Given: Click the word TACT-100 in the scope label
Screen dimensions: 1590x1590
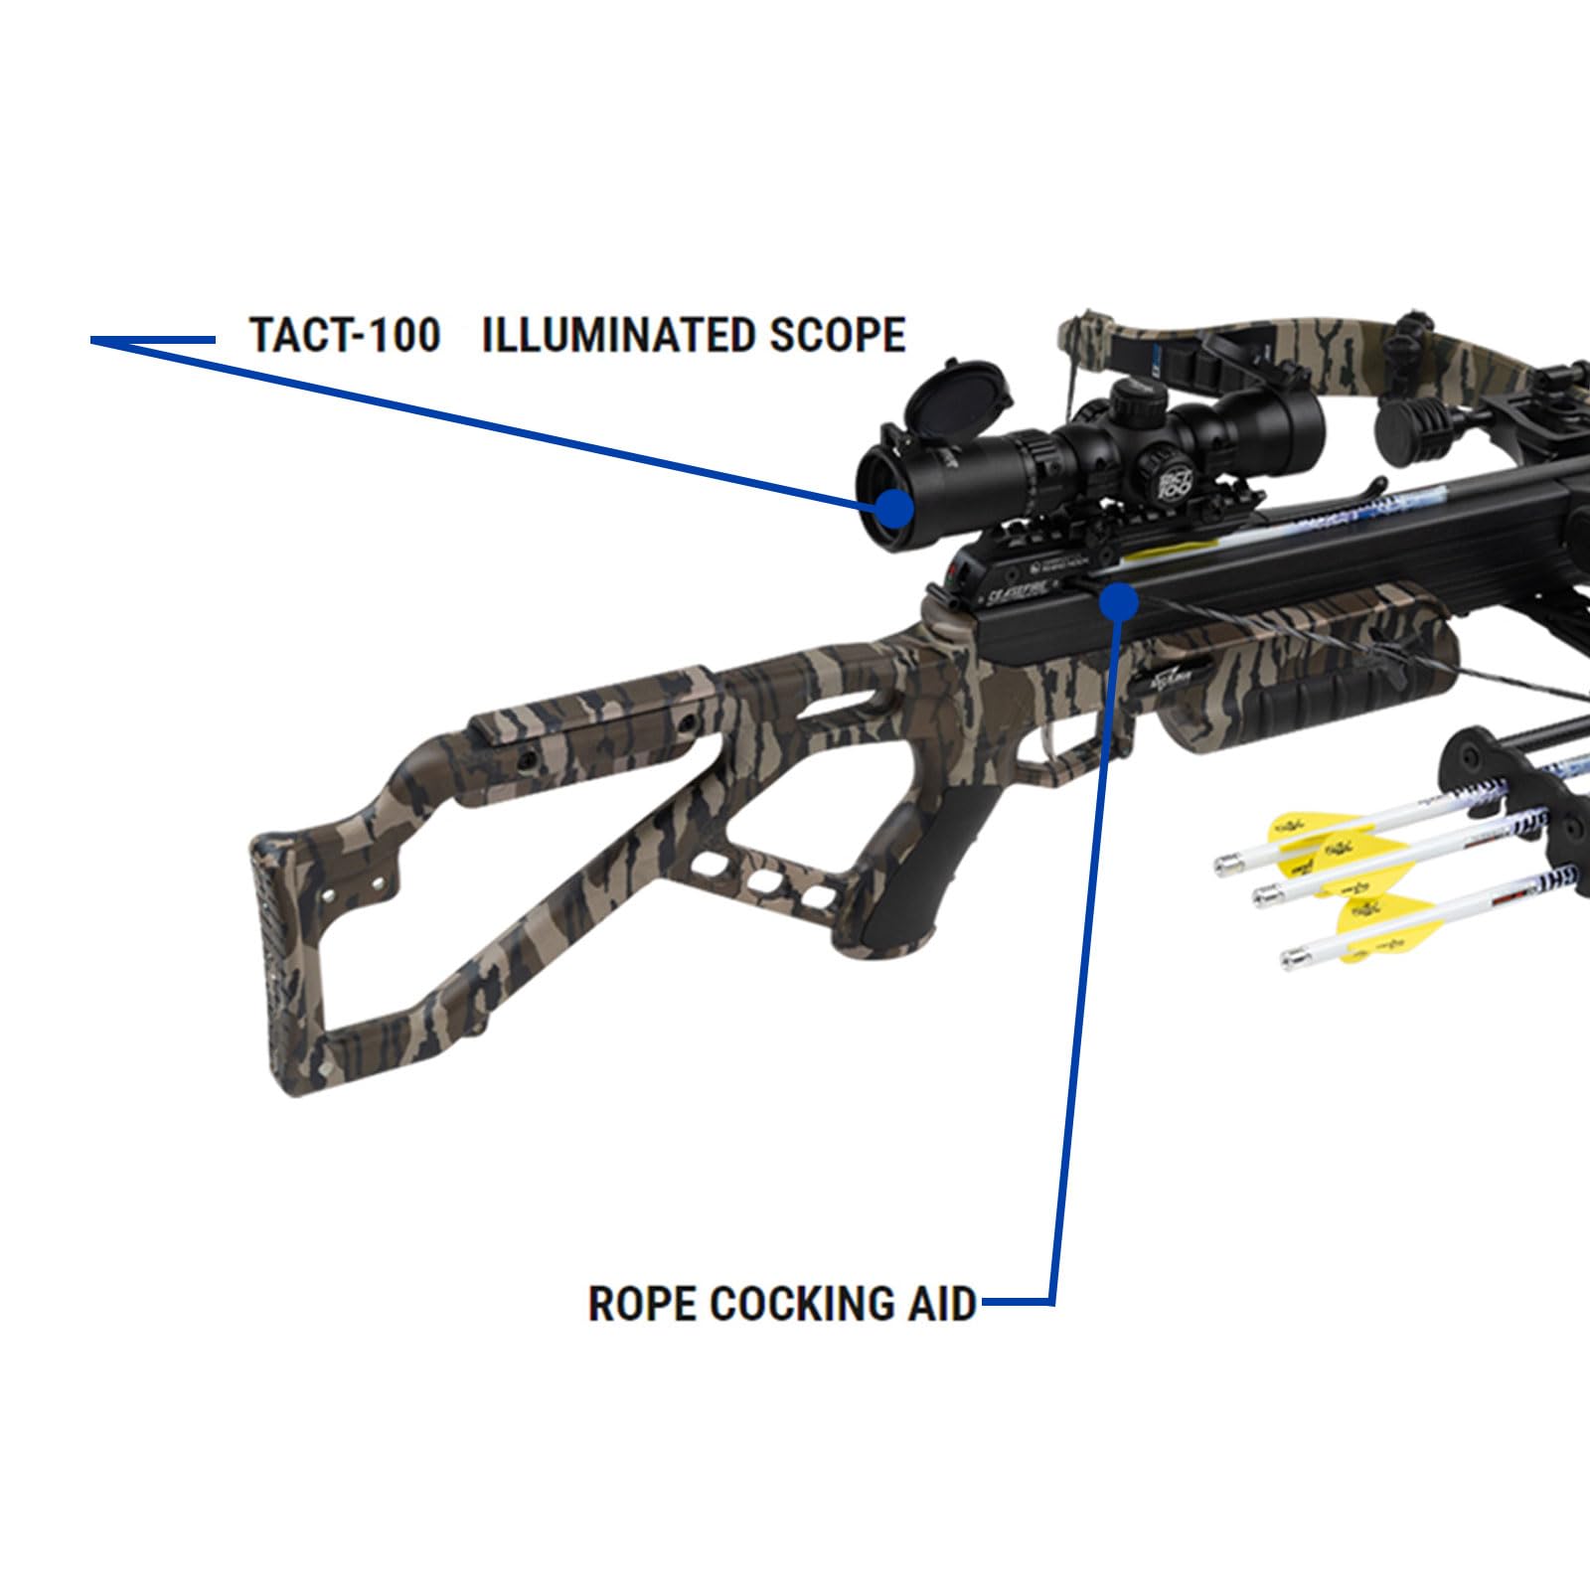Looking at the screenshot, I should point(344,335).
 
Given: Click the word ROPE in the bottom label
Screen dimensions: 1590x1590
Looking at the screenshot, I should point(641,1303).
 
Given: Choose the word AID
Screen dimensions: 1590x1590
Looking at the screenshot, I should point(942,1303).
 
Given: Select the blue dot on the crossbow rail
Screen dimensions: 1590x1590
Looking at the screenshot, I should point(1120,601).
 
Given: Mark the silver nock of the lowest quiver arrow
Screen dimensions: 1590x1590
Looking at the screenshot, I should point(1293,958).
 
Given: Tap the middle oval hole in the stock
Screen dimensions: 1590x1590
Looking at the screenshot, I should point(762,882).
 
